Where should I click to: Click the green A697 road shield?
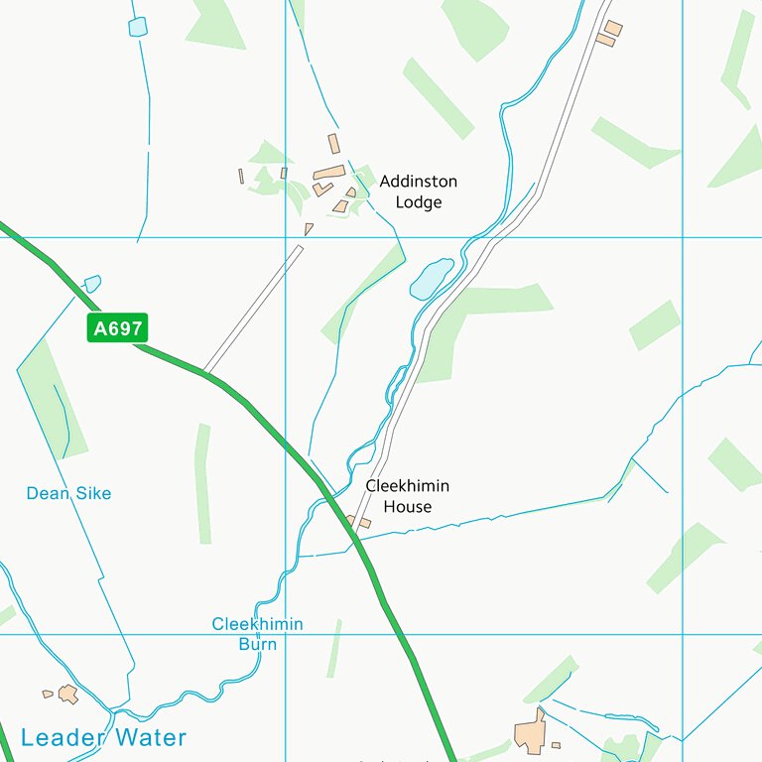117,328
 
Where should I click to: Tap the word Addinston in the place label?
418,182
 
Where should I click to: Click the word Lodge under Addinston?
418,202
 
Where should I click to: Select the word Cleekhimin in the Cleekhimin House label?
407,486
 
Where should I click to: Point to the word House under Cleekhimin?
407,507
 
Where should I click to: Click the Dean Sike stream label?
68,493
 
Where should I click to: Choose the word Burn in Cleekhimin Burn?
257,644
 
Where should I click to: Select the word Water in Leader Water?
149,737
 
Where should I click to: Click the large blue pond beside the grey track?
431,278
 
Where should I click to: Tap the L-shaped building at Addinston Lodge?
322,188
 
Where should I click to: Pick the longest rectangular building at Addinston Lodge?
328,173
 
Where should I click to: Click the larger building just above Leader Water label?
67,694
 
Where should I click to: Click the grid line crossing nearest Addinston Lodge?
286,237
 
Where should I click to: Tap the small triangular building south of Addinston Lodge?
309,229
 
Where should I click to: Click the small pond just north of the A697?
92,284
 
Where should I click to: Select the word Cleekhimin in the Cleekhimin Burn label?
257,624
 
